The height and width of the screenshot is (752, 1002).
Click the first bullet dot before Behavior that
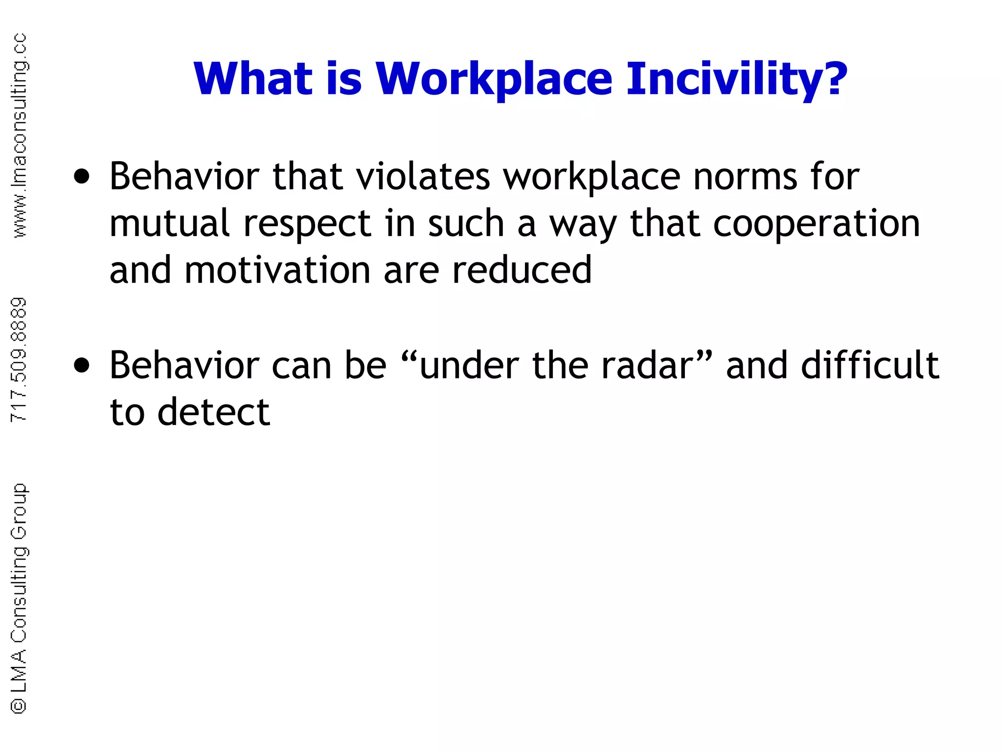pos(82,177)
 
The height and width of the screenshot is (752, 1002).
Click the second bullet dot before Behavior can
pos(82,366)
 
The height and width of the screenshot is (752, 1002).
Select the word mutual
pos(169,223)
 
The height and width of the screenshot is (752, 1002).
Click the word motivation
pos(277,270)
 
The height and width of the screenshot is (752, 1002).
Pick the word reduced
pos(522,270)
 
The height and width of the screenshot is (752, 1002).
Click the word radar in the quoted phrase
pos(647,366)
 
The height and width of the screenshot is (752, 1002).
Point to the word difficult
pos(869,366)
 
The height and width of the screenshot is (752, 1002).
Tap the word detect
pos(213,412)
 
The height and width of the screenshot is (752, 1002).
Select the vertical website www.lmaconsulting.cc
pos(19,136)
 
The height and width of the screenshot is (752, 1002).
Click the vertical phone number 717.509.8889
pos(19,360)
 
